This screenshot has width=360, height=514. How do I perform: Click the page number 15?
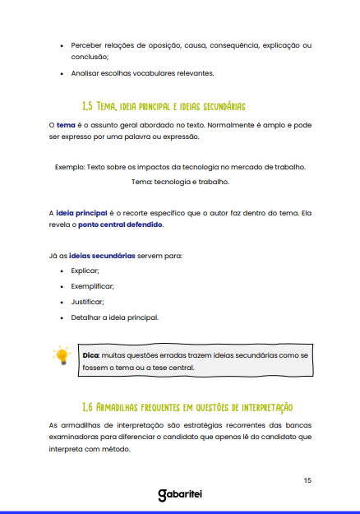307,479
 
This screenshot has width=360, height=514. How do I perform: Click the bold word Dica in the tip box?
90,354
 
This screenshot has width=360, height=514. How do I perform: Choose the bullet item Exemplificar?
92,285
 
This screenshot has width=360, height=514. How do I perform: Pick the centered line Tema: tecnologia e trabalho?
180,181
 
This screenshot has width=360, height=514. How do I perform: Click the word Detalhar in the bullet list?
87,317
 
